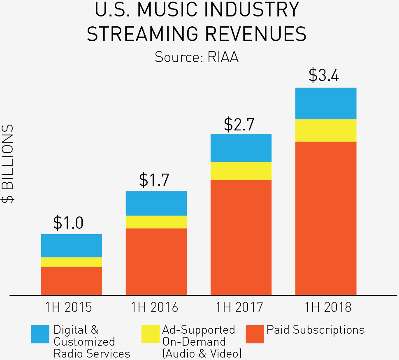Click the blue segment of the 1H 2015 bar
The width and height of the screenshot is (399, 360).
click(x=71, y=246)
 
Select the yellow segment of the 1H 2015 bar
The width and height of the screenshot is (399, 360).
click(x=71, y=262)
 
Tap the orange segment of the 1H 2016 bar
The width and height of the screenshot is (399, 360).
click(x=156, y=262)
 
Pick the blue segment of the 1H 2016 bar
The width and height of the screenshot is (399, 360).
click(x=156, y=204)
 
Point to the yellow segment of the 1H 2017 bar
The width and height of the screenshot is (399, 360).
click(x=241, y=171)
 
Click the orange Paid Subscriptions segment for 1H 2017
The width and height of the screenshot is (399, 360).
click(x=241, y=237)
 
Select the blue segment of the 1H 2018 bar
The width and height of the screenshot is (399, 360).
click(x=326, y=104)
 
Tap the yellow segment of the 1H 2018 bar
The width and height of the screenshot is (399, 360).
click(x=326, y=130)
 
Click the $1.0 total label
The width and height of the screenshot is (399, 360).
click(x=68, y=223)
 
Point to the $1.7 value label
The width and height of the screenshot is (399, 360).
click(x=154, y=180)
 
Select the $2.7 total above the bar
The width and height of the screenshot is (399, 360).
click(x=239, y=124)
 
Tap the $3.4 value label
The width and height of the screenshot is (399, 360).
click(x=324, y=76)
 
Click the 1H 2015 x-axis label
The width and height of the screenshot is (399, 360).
click(x=69, y=307)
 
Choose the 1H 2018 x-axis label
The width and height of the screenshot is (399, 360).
click(x=328, y=307)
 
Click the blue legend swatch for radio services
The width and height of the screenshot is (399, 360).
click(x=40, y=334)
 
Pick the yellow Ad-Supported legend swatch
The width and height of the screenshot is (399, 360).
click(x=150, y=334)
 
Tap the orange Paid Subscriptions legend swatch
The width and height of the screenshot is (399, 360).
click(x=255, y=334)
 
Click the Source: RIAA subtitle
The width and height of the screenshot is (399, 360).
click(x=197, y=57)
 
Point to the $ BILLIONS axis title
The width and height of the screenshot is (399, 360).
click(x=8, y=163)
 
